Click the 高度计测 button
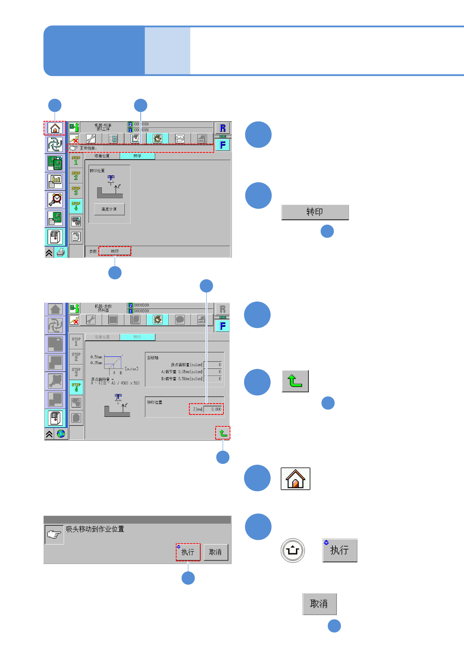point(109,209)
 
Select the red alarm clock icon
point(55,199)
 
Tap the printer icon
point(61,252)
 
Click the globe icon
point(61,434)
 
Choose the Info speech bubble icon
point(179,138)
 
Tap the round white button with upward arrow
point(292,550)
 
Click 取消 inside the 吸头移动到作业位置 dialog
point(215,552)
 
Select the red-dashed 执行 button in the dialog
point(188,552)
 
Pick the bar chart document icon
point(55,181)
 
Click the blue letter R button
point(223,128)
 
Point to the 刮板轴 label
point(152,358)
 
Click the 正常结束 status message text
point(88,148)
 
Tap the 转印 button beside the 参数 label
point(115,251)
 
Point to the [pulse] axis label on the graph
point(131,369)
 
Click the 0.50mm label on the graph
point(96,357)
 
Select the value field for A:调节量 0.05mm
point(214,372)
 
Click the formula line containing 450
point(115,383)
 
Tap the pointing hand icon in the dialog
point(54,534)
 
